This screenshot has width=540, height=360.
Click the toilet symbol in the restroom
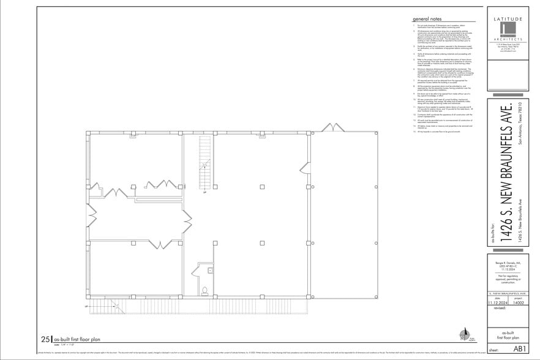(206, 291)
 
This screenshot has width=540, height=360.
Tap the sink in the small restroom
(209, 269)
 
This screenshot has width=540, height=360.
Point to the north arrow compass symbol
(465, 336)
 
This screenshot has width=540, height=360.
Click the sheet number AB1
(519, 348)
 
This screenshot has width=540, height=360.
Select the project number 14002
(519, 302)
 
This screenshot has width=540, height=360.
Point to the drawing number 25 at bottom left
(46, 339)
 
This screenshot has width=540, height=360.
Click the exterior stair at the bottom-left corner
(108, 305)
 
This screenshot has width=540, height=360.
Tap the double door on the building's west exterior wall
(93, 215)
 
